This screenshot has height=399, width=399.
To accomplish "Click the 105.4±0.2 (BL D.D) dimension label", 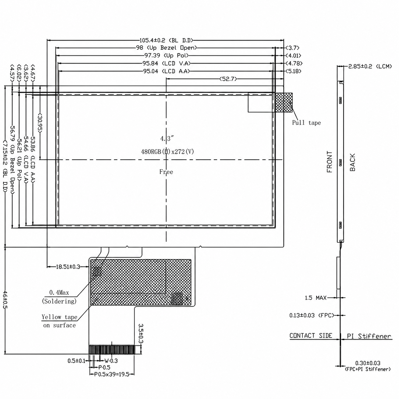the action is [166, 40].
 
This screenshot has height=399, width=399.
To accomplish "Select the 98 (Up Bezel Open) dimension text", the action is [166, 48].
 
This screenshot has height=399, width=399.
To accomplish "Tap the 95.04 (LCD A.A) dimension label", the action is [166, 71].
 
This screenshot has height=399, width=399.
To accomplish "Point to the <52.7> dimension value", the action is [228, 79].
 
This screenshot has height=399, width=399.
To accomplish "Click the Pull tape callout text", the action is [306, 123].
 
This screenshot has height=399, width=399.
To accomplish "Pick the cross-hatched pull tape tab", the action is [284, 103].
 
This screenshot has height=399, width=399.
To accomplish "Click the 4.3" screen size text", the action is [167, 138].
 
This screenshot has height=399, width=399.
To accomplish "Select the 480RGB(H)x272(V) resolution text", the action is [167, 151].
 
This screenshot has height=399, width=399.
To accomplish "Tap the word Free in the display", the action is [166, 172].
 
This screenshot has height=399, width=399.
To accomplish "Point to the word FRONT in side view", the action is [329, 161].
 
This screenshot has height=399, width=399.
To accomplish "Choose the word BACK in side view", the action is [353, 162].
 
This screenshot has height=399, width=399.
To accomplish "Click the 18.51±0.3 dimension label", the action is [68, 267].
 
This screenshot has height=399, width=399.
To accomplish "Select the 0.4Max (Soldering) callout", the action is [59, 297].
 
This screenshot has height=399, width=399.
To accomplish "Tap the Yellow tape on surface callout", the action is [59, 321].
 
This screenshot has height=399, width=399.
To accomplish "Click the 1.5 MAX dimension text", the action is [315, 298].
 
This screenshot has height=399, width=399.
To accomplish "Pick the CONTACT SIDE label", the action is [310, 336].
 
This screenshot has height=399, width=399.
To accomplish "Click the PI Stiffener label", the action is [369, 336].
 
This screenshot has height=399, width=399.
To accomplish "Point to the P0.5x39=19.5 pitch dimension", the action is [112, 374].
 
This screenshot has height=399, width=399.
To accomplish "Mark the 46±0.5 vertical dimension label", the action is [5, 300].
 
